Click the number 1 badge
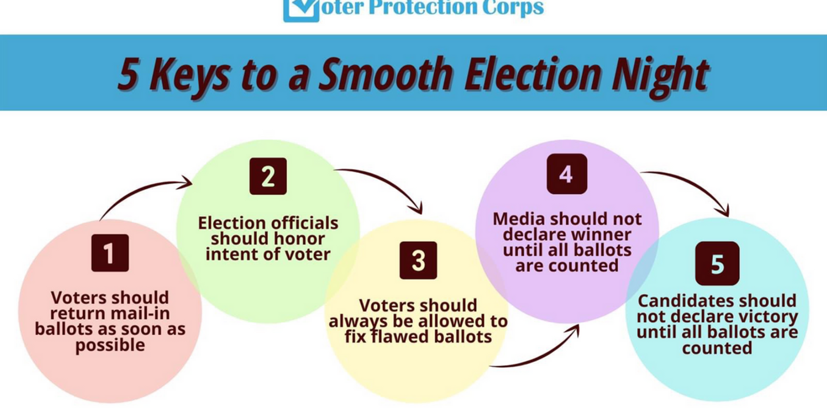pos(110,253)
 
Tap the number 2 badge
pos(268,176)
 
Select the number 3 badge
pos(418,260)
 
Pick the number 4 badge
pos(567,174)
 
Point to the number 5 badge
pos(717,263)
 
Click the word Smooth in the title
pos(387,75)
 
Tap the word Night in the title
pos(661,77)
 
